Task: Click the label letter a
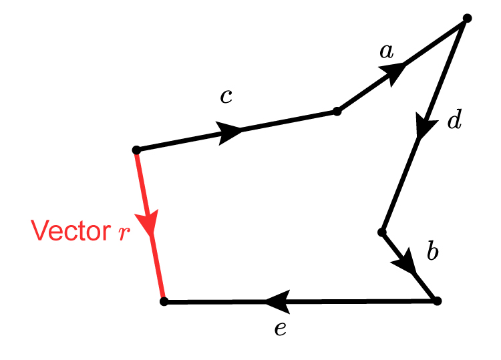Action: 386,51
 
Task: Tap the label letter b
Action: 432,252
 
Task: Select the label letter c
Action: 226,97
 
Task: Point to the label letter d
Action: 454,121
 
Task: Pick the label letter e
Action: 281,328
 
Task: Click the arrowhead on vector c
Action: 231,131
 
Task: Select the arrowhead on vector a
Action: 395,70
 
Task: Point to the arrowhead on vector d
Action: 423,127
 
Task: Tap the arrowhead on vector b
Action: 406,264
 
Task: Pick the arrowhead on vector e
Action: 277,302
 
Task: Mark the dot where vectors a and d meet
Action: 467,19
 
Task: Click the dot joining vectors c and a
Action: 337,112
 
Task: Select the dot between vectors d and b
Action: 382,232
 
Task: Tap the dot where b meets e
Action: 437,301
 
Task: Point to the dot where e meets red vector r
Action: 164,302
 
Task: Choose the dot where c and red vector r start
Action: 136,150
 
